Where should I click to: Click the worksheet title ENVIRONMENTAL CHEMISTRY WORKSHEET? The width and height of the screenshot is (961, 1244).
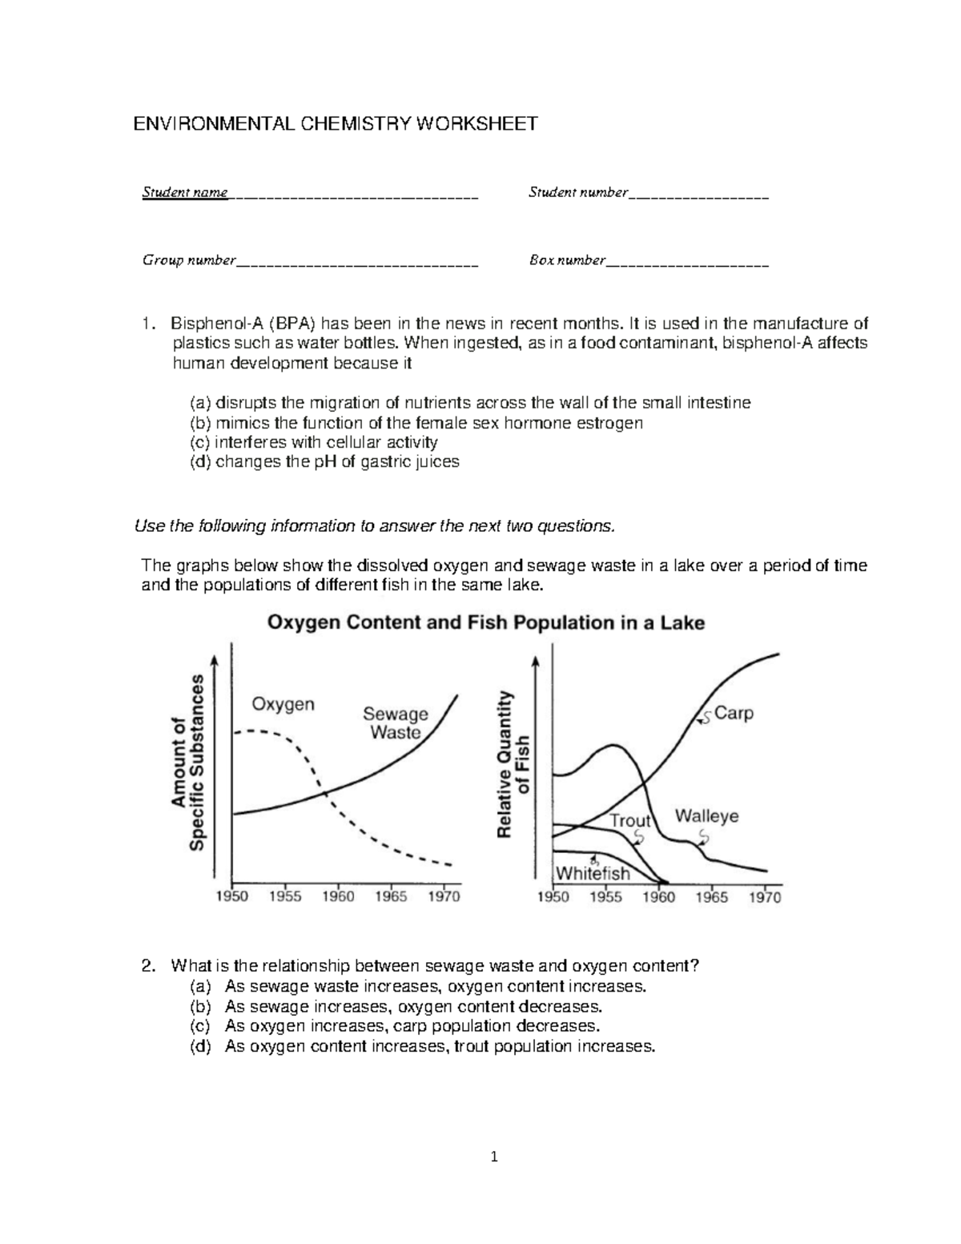tap(335, 124)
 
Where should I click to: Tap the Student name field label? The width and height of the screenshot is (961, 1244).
tap(185, 192)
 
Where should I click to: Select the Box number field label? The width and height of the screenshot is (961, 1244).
tap(567, 260)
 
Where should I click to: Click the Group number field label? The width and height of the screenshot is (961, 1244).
tap(189, 260)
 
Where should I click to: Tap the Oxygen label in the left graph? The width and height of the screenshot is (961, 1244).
tap(283, 705)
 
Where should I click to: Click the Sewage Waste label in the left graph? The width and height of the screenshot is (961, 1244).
tap(396, 723)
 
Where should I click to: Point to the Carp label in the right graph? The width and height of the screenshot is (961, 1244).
tap(734, 713)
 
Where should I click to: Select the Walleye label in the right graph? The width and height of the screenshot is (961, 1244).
tap(706, 817)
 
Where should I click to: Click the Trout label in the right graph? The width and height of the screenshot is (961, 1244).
tap(630, 820)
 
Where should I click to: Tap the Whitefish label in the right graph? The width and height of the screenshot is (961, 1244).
tap(593, 873)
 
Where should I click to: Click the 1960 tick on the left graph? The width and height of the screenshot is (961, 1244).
tap(338, 897)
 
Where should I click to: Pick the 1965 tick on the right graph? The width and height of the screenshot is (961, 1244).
tap(712, 898)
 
